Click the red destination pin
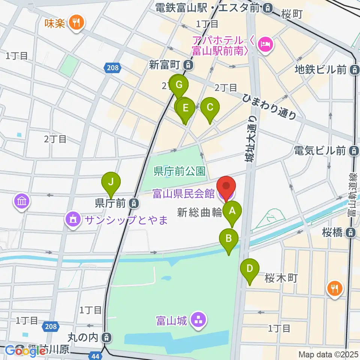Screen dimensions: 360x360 (226, 187)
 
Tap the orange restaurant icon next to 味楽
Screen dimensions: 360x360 (76, 23)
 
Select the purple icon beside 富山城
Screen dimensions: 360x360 (196, 321)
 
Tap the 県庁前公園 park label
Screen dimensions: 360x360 (180, 172)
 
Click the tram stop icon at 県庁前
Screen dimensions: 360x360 (133, 204)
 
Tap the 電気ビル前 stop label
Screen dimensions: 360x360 (319, 151)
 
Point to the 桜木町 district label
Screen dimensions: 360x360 (281, 278)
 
